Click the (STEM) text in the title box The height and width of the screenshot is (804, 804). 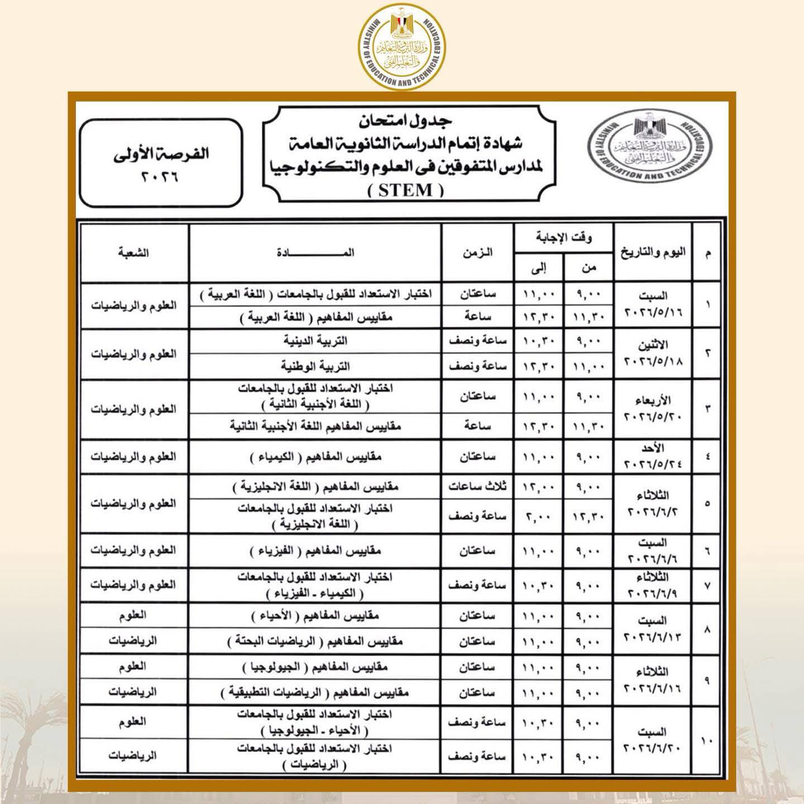406,191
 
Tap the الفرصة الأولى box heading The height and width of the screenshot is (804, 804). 161,154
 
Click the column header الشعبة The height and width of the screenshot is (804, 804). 133,252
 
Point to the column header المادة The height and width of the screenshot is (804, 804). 315,252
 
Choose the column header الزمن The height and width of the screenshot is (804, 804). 477,252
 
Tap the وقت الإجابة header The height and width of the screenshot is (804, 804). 563,238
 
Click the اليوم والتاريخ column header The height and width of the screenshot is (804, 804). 653,253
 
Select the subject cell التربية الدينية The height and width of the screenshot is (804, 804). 315,341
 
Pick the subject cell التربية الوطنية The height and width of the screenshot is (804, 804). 315,366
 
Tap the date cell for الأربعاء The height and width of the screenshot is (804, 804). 653,409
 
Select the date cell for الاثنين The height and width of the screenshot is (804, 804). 653,353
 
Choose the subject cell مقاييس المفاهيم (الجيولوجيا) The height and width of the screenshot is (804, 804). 315,667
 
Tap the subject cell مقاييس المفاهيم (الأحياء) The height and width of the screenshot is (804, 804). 315,616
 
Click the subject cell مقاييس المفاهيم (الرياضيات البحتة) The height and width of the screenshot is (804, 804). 315,642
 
